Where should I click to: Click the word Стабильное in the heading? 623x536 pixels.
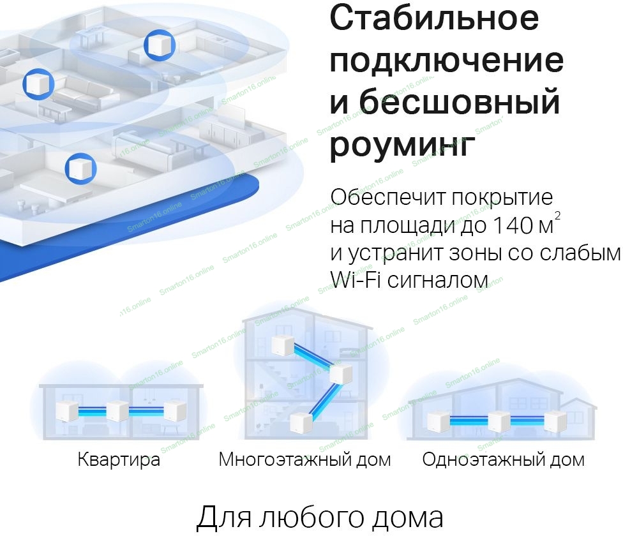[434, 19]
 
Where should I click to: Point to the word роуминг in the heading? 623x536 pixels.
[402, 145]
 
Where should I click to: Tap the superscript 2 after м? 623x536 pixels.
[558, 216]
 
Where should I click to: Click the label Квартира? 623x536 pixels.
[119, 459]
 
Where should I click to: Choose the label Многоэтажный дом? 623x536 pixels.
[304, 459]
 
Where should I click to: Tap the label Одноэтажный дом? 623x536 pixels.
[503, 459]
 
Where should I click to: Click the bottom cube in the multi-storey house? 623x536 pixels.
[301, 422]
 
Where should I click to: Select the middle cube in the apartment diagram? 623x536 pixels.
[117, 411]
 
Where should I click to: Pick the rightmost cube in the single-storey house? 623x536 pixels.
[553, 421]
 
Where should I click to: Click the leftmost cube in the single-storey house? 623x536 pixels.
[438, 422]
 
